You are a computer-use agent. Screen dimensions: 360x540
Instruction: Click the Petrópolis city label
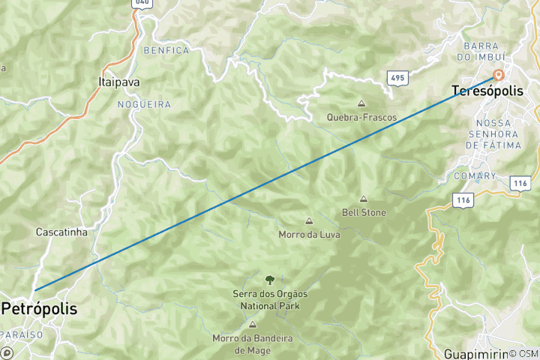[x=39, y=308]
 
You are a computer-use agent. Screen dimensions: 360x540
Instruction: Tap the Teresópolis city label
[x=487, y=91]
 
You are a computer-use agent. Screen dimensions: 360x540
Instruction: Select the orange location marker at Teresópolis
[x=498, y=76]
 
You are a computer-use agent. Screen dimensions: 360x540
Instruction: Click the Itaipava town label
[x=119, y=82]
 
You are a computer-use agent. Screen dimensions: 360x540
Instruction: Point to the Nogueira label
[x=144, y=105]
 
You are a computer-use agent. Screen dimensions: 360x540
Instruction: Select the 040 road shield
[x=141, y=4]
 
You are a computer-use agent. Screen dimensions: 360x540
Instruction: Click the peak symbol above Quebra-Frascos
[x=361, y=104]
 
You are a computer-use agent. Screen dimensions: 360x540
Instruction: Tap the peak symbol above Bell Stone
[x=364, y=199]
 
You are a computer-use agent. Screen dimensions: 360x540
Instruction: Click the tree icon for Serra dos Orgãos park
[x=269, y=280]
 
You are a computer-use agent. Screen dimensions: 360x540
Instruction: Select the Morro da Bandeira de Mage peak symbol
[x=252, y=325]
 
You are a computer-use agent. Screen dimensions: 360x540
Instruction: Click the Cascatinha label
[x=61, y=232]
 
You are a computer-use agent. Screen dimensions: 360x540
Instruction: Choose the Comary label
[x=475, y=176]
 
